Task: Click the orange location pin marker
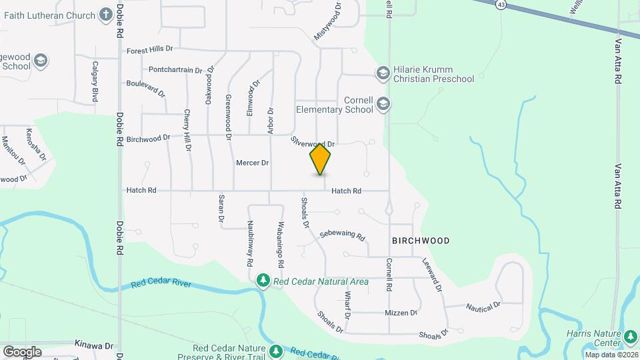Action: click(x=320, y=159)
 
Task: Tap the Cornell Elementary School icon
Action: click(x=383, y=103)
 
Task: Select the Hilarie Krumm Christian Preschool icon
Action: click(x=383, y=73)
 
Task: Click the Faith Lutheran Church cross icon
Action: click(x=106, y=13)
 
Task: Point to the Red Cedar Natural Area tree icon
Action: click(x=263, y=281)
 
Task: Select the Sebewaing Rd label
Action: click(x=343, y=235)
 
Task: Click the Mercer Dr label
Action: click(x=252, y=163)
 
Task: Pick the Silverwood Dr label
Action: click(x=312, y=143)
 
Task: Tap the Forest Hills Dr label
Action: click(x=149, y=49)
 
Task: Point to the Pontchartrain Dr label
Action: click(x=175, y=69)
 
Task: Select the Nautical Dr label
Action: click(x=483, y=307)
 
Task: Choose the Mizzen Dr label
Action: click(x=401, y=313)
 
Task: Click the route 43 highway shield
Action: click(x=500, y=4)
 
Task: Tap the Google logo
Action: click(x=22, y=351)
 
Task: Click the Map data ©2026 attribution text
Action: click(x=611, y=355)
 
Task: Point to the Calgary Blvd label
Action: click(x=95, y=81)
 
